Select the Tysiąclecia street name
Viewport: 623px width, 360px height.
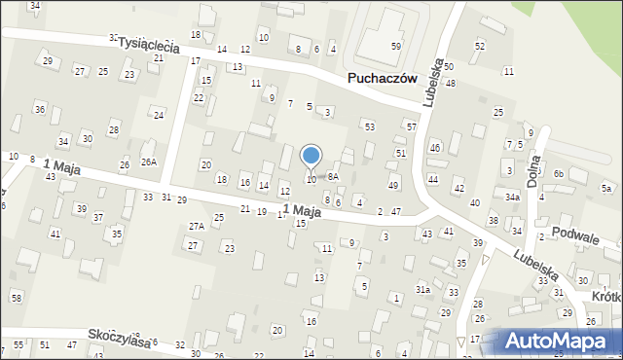pos(149,44)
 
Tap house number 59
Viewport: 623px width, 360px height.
pos(396,47)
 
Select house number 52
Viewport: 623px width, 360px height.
pos(479,46)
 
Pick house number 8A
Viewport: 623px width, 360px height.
pos(333,176)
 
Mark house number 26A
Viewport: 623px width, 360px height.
pos(148,162)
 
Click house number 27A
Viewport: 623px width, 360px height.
pos(197,226)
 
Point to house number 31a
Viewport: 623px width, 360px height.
pos(422,290)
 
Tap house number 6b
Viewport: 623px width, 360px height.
pos(559,173)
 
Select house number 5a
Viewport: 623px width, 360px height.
pos(606,188)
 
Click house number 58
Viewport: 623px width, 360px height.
pos(17,297)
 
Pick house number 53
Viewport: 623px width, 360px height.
pos(369,127)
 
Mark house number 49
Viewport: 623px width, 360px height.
pos(393,185)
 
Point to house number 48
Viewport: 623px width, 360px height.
pos(450,84)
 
